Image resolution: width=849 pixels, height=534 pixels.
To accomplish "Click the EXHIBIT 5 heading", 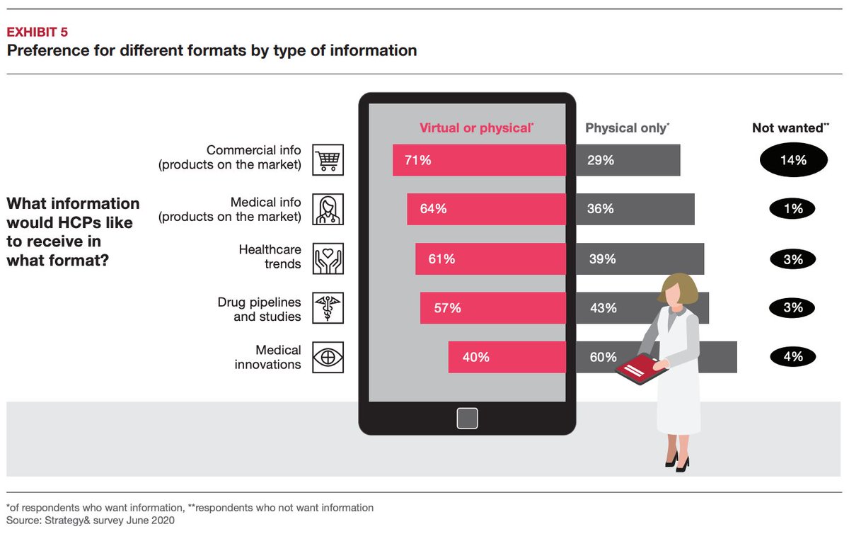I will point(37,32).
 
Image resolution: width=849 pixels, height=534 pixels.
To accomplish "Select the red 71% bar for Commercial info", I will point(479,160).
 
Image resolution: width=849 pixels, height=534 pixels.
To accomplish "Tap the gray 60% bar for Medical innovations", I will point(623,357).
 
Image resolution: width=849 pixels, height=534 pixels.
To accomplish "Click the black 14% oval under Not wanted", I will point(793,160).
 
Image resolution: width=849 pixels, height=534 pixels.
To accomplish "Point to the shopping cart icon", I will point(328,160).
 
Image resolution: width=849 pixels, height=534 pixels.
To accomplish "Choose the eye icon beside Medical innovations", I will point(328,357).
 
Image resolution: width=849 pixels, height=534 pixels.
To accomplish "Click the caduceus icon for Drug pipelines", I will point(328,308).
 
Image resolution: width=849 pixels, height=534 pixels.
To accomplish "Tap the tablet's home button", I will point(467,419).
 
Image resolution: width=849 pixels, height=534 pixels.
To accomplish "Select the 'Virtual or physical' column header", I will point(476,128).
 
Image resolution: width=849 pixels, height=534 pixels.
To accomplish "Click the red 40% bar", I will point(507,357).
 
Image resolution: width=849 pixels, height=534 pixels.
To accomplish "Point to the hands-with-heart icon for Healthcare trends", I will point(328,259).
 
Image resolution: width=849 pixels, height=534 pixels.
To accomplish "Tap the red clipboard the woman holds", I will point(641,369).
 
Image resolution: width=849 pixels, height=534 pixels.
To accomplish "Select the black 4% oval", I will point(793,357).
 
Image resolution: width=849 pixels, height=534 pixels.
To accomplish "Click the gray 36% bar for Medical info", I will point(635,210).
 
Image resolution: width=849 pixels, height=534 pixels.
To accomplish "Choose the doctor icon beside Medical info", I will point(328,210).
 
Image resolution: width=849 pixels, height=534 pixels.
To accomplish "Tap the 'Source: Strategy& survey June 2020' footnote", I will point(90,521).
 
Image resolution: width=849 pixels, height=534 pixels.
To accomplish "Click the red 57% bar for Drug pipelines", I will point(492,308).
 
